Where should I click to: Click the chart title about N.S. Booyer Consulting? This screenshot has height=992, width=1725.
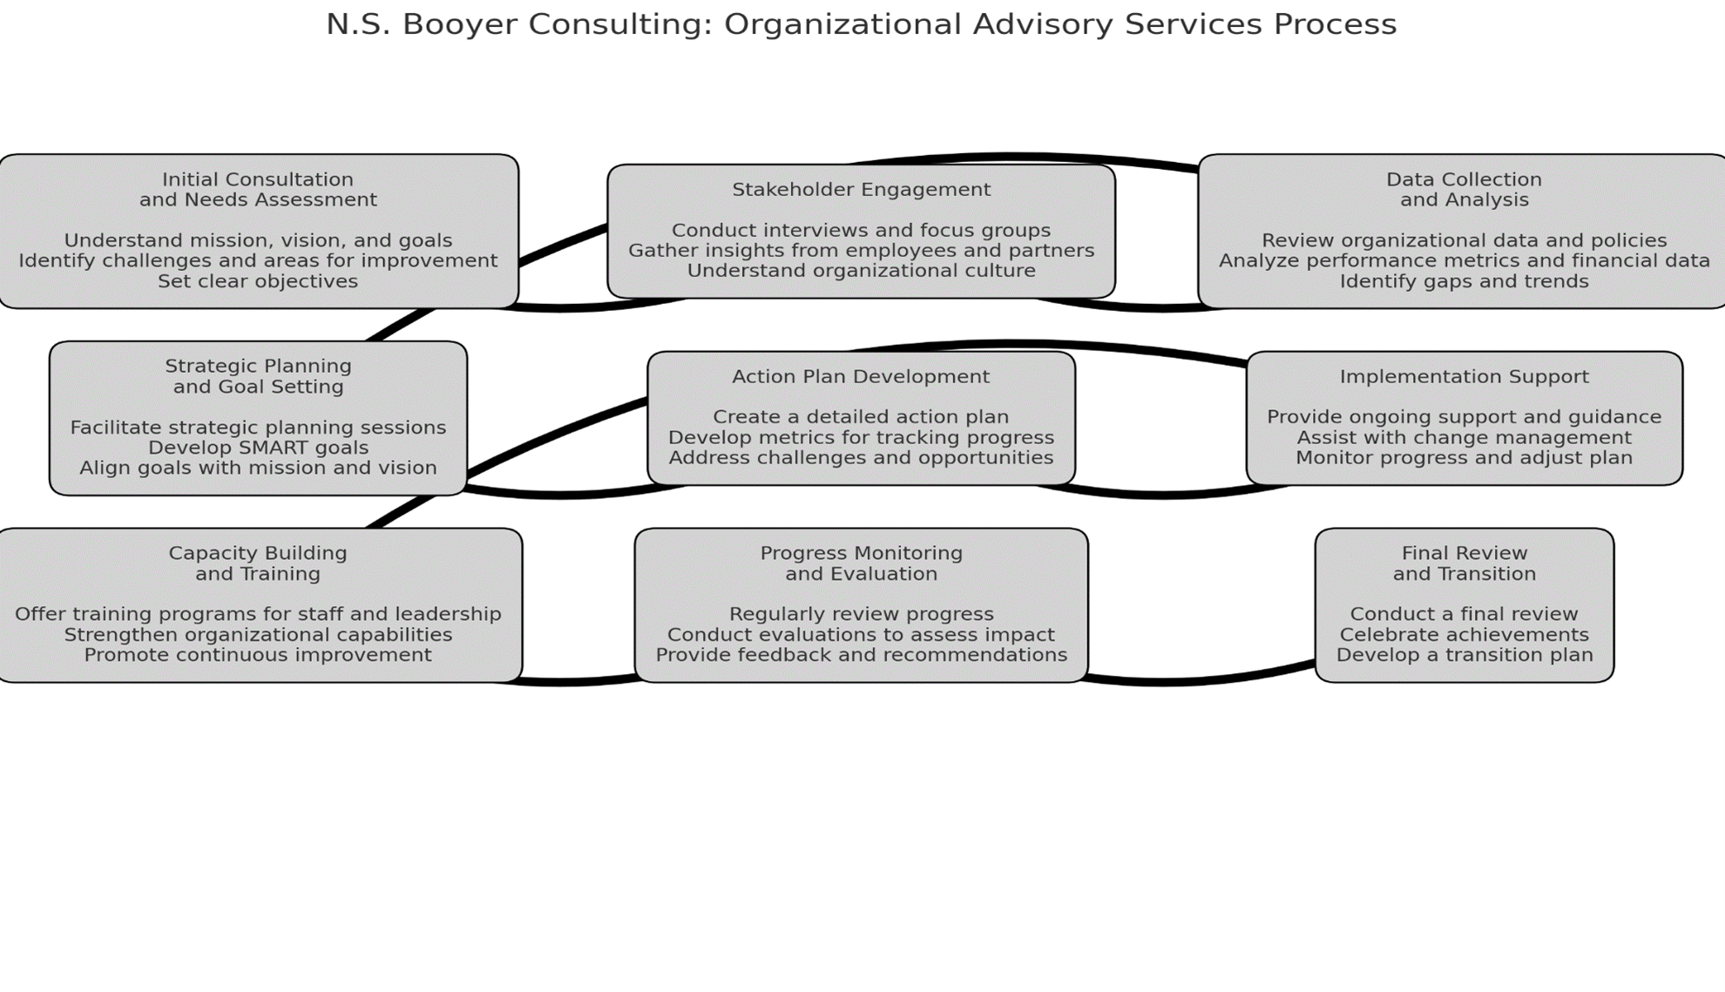point(861,24)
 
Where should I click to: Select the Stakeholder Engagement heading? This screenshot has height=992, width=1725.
point(861,190)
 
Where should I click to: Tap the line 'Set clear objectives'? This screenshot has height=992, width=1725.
point(258,281)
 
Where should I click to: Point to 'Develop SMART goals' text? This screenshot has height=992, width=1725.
point(258,448)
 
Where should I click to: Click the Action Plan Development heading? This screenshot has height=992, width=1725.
point(861,377)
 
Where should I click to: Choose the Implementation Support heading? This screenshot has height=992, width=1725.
point(1464,377)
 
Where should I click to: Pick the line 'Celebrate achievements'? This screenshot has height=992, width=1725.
point(1464,635)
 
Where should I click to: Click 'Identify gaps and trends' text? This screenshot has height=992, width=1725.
point(1464,281)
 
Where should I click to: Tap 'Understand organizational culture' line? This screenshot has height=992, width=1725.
point(861,271)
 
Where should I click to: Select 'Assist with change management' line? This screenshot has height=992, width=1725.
point(1464,437)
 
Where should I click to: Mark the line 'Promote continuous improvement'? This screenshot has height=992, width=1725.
point(258,655)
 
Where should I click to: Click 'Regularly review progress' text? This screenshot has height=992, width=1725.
point(861,614)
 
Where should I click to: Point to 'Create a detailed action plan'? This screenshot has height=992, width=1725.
point(861,417)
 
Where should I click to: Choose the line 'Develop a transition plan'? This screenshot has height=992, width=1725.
point(1464,655)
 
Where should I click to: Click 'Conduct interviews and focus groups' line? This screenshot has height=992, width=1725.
point(861,231)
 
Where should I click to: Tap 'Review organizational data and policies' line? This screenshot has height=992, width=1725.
point(1464,240)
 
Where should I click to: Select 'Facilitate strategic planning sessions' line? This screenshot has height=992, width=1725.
point(258,428)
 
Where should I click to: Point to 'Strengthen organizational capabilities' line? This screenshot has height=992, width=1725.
point(258,635)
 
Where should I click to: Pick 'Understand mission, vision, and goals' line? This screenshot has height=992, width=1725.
point(258,240)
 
